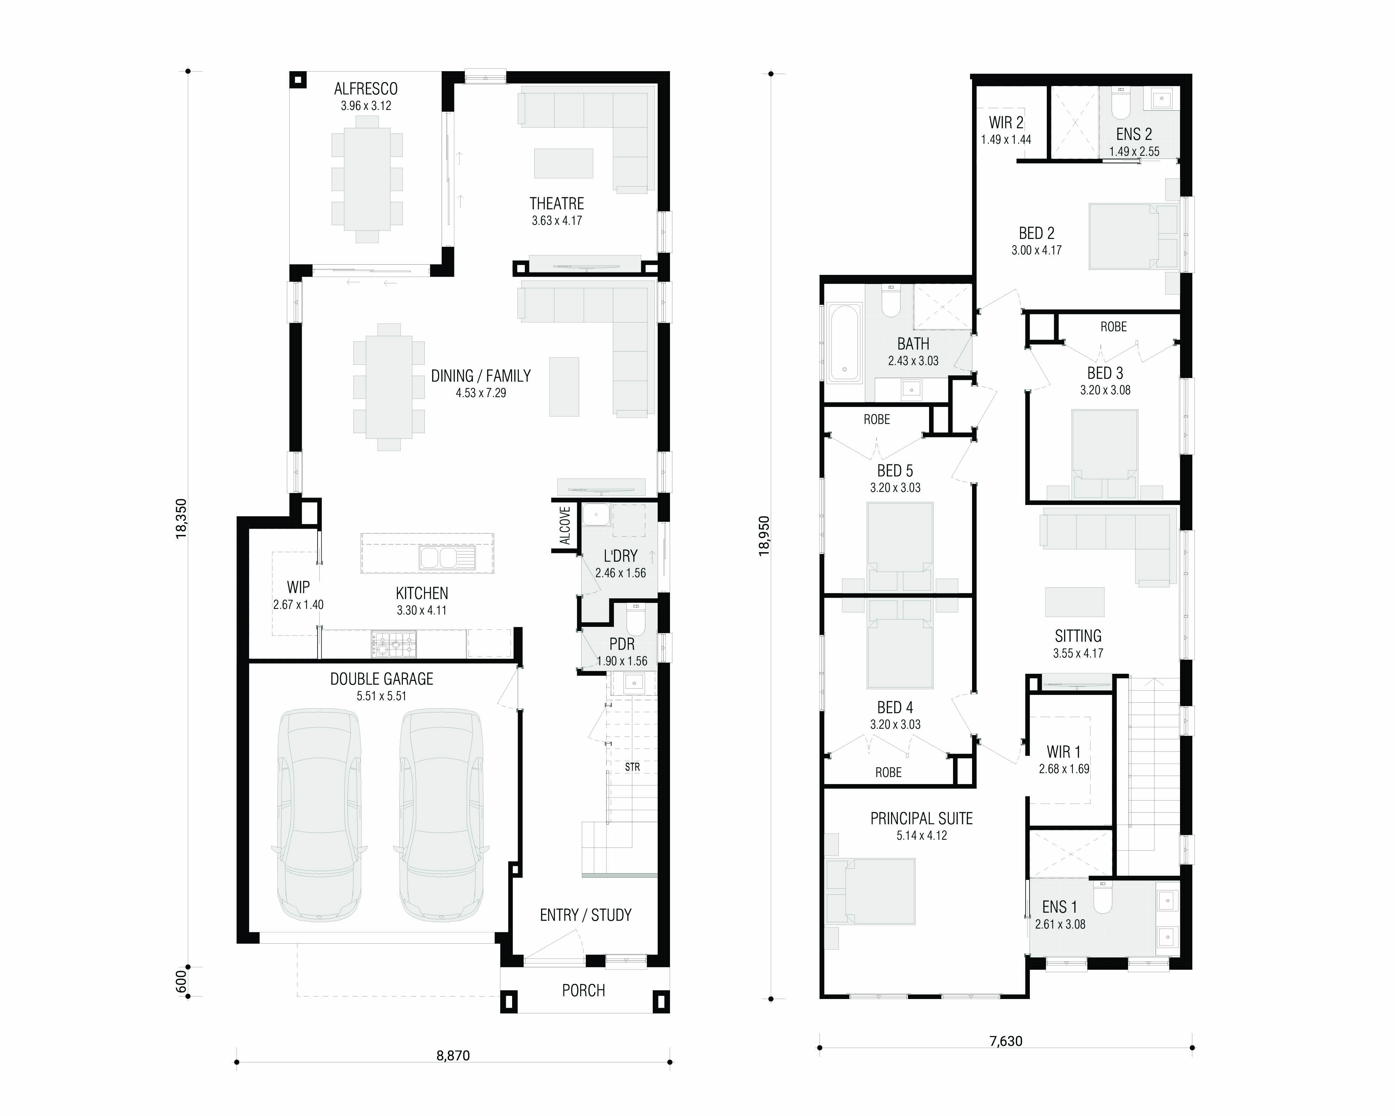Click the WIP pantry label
pos(298,587)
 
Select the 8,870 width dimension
pos(453,1055)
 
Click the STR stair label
pos(632,767)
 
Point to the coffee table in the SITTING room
pos(1075,602)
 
